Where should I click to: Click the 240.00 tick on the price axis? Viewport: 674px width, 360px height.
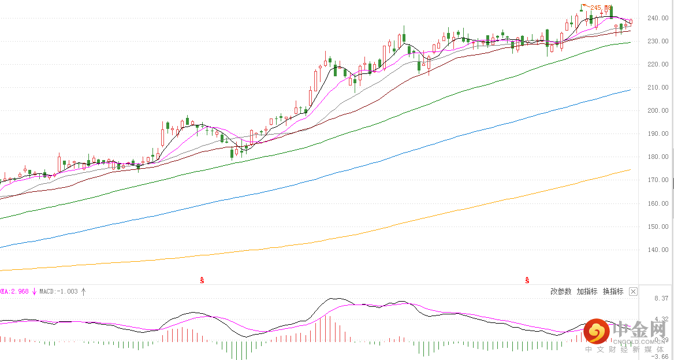tap(657, 18)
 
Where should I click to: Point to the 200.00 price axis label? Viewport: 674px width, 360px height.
tap(657, 110)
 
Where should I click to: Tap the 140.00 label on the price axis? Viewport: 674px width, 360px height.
tap(657, 250)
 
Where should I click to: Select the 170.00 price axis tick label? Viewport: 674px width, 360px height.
tap(657, 180)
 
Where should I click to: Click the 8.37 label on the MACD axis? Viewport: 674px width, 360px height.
tap(661, 298)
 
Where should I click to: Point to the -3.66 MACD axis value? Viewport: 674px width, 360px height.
tap(660, 357)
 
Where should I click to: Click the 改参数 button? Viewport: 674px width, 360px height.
tap(561, 292)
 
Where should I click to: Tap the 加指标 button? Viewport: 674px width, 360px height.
tap(587, 292)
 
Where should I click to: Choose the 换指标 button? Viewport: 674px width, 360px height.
tap(613, 292)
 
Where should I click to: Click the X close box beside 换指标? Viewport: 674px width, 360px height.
tap(633, 292)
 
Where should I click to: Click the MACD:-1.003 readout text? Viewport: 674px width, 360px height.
tap(58, 291)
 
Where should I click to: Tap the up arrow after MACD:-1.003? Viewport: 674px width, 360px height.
tap(83, 291)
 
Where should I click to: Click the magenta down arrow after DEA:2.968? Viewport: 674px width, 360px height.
tap(34, 291)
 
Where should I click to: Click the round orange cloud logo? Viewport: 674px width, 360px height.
tap(595, 332)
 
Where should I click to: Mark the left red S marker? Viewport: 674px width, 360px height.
tap(202, 280)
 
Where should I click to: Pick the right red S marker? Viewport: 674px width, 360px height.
tap(527, 280)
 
